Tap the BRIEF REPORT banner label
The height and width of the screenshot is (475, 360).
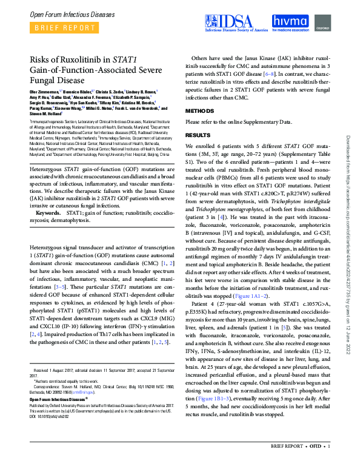(x=58, y=28)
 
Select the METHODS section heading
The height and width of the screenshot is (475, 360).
(x=199, y=112)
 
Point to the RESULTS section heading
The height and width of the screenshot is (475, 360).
(x=198, y=135)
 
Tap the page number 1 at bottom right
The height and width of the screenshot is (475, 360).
(x=328, y=464)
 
